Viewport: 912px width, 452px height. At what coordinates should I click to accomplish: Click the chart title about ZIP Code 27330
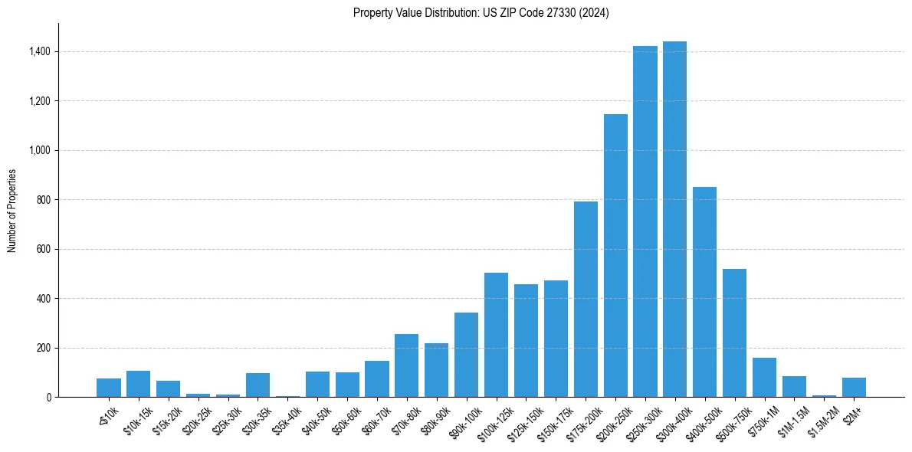click(x=481, y=13)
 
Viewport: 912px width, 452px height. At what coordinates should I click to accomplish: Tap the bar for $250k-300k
click(x=645, y=221)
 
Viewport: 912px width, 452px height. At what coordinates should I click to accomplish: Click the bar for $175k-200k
click(x=586, y=299)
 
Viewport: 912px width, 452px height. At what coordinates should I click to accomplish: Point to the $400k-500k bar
click(x=704, y=292)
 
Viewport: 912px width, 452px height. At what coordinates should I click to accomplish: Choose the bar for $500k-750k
click(x=734, y=332)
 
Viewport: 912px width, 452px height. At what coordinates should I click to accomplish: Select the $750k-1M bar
click(x=764, y=377)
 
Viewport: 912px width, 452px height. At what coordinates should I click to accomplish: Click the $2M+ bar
click(x=854, y=387)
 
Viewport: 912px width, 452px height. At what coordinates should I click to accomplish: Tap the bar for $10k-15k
click(x=138, y=384)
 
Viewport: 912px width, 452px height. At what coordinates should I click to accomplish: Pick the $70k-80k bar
click(x=406, y=365)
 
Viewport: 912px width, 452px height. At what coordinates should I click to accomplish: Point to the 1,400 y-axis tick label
click(x=40, y=51)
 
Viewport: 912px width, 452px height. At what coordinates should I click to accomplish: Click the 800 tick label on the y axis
click(x=44, y=200)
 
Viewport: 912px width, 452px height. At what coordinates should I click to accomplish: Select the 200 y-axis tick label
click(x=44, y=348)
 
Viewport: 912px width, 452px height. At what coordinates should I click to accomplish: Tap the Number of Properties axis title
click(x=12, y=211)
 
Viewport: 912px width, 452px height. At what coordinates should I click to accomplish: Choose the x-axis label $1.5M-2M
click(x=821, y=421)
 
